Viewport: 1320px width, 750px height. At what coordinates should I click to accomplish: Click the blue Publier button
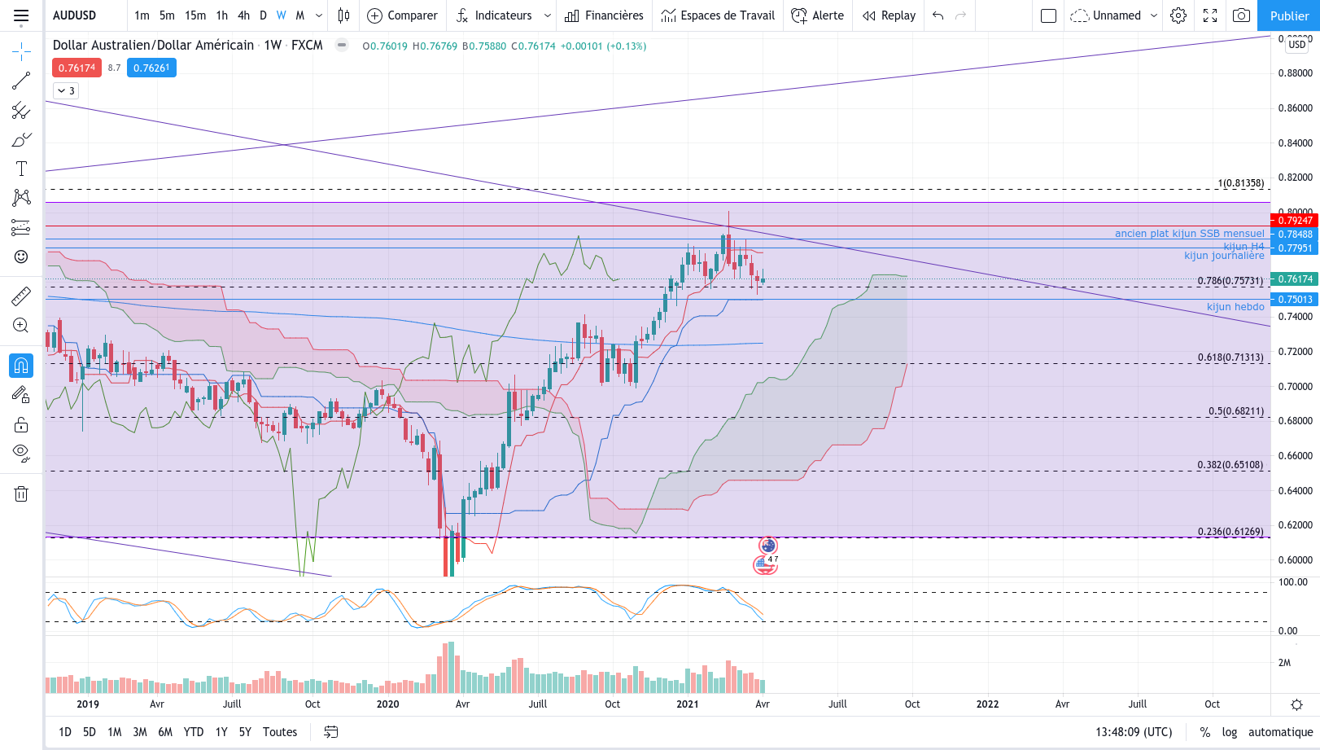click(1289, 15)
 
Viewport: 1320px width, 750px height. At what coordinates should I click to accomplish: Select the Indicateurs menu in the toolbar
click(502, 15)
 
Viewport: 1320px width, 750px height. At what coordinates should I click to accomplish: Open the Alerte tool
click(818, 15)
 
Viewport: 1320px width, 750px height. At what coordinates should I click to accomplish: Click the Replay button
click(889, 15)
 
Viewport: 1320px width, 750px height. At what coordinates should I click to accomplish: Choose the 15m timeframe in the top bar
click(195, 15)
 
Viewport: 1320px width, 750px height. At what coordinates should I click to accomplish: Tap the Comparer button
click(402, 15)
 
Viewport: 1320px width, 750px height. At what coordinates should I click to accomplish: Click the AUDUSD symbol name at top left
click(75, 15)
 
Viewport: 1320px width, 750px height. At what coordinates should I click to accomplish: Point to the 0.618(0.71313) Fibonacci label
click(1230, 357)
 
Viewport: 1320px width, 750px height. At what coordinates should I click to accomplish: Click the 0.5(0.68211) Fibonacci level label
click(1235, 411)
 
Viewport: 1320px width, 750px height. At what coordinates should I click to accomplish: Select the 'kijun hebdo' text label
click(1235, 307)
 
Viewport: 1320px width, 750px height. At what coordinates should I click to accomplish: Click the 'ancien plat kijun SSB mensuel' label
click(1189, 234)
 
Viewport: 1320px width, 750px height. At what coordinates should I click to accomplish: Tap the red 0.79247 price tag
click(1295, 221)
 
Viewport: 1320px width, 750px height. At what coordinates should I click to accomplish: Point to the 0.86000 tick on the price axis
click(1295, 107)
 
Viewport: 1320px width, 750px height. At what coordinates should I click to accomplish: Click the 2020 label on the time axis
click(388, 704)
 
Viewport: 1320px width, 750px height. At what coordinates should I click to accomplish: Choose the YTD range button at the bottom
click(194, 732)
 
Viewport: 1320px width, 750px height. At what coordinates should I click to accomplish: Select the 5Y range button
click(245, 732)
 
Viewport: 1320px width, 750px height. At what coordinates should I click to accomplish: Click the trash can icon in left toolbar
click(21, 493)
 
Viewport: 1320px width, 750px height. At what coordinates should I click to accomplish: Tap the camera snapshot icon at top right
click(1241, 15)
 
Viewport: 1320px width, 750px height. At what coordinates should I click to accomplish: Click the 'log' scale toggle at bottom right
click(1229, 732)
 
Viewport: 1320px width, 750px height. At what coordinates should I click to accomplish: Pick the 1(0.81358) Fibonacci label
click(1240, 183)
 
